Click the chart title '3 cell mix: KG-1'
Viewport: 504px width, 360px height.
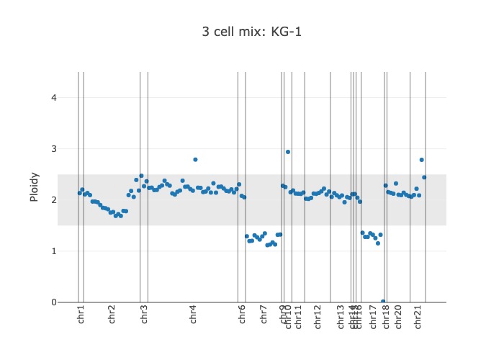tap(252, 32)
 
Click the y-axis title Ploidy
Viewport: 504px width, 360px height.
tap(34, 186)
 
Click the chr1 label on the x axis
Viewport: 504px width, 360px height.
tap(81, 317)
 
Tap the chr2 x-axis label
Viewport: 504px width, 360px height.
tap(112, 317)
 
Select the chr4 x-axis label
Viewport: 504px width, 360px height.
tap(193, 317)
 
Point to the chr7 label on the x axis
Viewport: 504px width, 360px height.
tap(263, 317)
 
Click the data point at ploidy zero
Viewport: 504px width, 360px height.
tap(383, 302)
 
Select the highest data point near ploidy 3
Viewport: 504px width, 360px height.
tap(288, 152)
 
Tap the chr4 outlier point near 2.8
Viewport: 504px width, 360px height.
tap(195, 159)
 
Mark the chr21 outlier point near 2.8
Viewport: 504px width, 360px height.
tap(421, 160)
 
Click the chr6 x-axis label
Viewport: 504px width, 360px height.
tap(242, 317)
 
